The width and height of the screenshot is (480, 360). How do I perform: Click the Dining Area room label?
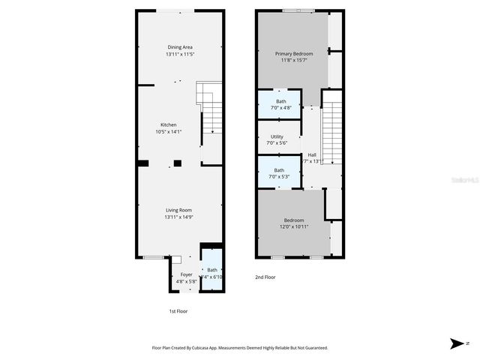click(x=179, y=47)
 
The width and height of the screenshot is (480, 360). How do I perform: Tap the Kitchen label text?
click(x=169, y=124)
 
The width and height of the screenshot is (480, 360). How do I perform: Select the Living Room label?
click(x=179, y=210)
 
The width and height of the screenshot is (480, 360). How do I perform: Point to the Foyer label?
click(x=187, y=274)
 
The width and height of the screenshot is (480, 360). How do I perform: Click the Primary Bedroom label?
click(x=293, y=54)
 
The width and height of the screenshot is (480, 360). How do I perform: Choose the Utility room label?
click(x=277, y=136)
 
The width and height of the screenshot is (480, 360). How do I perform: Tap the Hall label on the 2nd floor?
click(x=312, y=154)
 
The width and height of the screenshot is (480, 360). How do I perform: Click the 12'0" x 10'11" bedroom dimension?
click(x=294, y=226)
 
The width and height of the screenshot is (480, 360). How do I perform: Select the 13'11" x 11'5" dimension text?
click(x=179, y=55)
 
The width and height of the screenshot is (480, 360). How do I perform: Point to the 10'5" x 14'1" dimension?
click(x=169, y=132)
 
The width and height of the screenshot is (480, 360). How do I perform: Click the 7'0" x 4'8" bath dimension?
click(x=280, y=108)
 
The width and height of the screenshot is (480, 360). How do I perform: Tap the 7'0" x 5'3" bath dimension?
click(x=279, y=177)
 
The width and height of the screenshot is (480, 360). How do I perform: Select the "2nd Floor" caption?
click(x=265, y=277)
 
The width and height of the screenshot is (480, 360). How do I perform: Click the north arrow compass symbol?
click(x=457, y=343)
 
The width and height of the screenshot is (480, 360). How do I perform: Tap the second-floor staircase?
click(x=331, y=135)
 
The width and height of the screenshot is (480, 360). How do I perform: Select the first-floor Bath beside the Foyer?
click(x=212, y=270)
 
